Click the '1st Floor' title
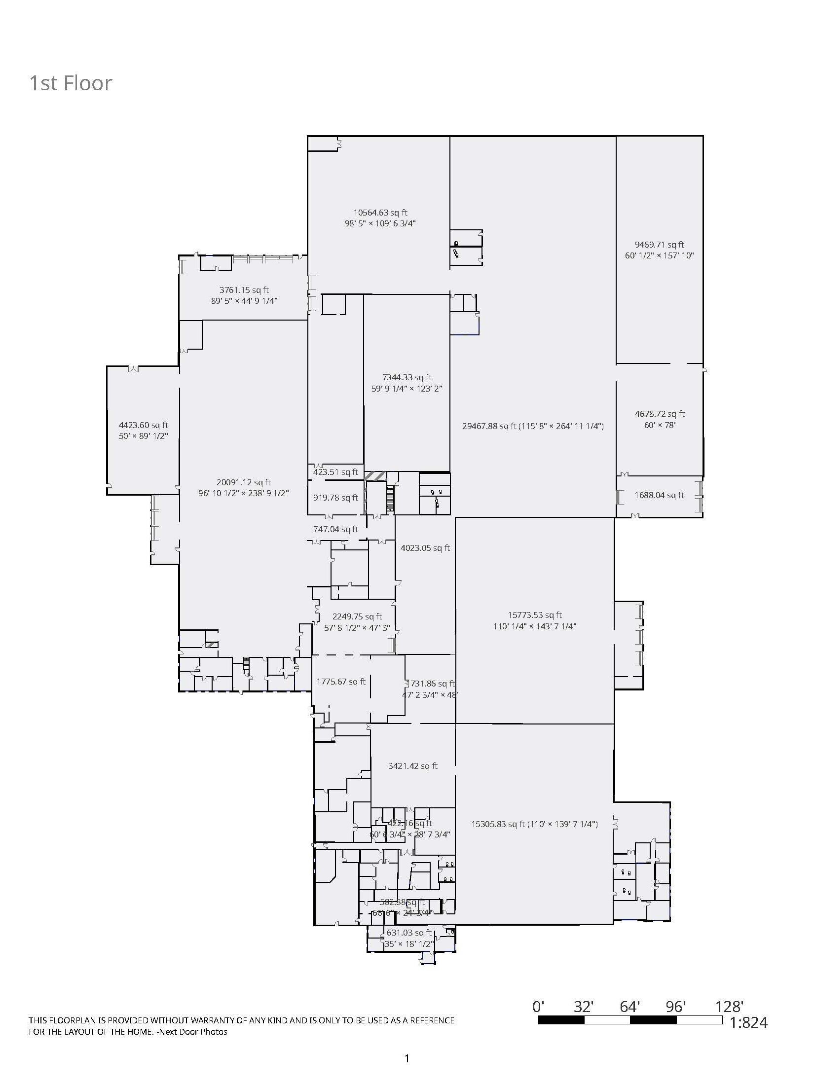click(x=71, y=83)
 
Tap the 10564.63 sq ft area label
click(x=380, y=213)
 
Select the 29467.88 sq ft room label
click(x=533, y=426)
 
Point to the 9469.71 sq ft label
click(x=660, y=245)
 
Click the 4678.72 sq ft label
click(x=660, y=414)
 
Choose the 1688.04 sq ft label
click(x=660, y=495)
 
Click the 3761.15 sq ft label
click(x=244, y=290)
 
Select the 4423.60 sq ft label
click(x=144, y=425)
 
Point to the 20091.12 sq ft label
click(x=244, y=482)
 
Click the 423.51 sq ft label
click(x=335, y=472)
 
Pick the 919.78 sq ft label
click(x=335, y=498)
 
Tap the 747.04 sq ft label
click(x=335, y=529)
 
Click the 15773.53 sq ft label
click(x=535, y=615)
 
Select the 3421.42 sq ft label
click(x=412, y=766)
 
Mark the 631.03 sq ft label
click(x=409, y=933)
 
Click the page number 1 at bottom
click(x=407, y=1058)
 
